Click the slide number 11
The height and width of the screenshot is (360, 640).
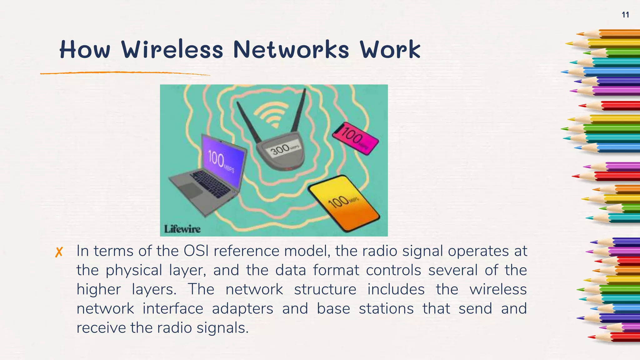tap(625, 15)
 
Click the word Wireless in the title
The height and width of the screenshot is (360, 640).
tap(172, 50)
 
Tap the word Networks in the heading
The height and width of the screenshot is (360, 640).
tap(291, 50)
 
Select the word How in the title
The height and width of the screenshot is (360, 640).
tap(85, 50)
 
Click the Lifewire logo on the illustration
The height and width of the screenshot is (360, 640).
tap(182, 229)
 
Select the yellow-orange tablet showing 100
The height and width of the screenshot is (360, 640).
tap(344, 203)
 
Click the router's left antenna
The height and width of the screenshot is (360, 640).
tap(248, 122)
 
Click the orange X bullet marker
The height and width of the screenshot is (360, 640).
tap(59, 252)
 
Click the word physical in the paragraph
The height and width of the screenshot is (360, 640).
tap(134, 270)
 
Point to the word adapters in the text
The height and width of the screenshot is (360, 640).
tap(242, 309)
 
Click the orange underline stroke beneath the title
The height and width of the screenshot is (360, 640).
tap(125, 73)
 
